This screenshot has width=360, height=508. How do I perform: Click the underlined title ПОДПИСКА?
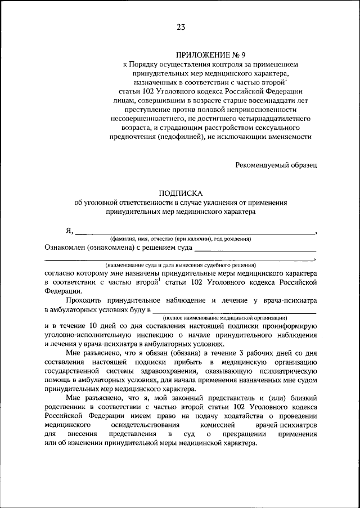(x=180, y=192)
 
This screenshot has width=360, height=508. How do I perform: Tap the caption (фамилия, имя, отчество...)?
(x=180, y=239)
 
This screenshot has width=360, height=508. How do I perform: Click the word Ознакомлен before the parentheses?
(x=66, y=247)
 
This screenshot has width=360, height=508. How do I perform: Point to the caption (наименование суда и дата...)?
(x=180, y=264)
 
